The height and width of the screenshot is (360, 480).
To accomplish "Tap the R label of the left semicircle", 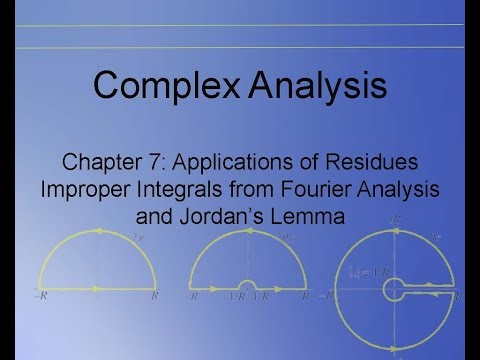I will pos(154,298).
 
